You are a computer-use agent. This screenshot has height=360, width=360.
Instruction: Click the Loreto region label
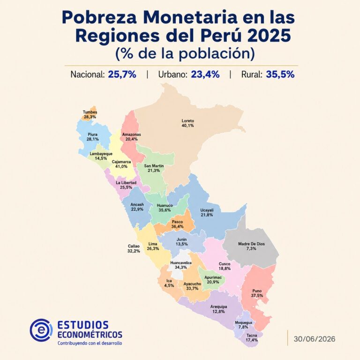pyautogui.click(x=188, y=121)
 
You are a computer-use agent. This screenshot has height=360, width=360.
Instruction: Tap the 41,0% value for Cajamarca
pyautogui.click(x=121, y=166)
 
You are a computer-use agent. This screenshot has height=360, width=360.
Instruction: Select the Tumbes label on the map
pyautogui.click(x=90, y=112)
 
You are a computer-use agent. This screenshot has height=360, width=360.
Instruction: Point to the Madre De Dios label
pyautogui.click(x=251, y=244)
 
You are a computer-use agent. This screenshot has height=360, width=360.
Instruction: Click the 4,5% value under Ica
pyautogui.click(x=169, y=285)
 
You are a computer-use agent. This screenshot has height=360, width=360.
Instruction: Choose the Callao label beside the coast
pyautogui.click(x=134, y=247)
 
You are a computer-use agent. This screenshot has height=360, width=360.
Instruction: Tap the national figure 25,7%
pyautogui.click(x=122, y=75)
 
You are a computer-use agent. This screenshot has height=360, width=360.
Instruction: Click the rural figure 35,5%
pyautogui.click(x=280, y=75)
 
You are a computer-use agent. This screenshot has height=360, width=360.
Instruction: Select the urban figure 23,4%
pyautogui.click(x=205, y=75)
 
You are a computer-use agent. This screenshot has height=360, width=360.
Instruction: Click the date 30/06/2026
pyautogui.click(x=315, y=339)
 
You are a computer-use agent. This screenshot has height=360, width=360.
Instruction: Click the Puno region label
pyautogui.click(x=257, y=291)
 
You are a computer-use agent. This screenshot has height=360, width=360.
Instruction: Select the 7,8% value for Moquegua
pyautogui.click(x=243, y=327)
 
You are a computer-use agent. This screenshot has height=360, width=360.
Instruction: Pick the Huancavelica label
pyautogui.click(x=181, y=263)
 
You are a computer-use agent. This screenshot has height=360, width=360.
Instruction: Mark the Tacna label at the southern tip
pyautogui.click(x=252, y=336)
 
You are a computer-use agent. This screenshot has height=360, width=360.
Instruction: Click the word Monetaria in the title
pyautogui.click(x=190, y=17)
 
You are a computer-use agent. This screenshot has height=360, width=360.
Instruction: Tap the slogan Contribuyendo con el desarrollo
pyautogui.click(x=90, y=344)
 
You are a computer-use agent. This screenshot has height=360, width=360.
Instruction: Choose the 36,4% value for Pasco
pyautogui.click(x=177, y=226)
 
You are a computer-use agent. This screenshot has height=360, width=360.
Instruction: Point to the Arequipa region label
pyautogui.click(x=218, y=307)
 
